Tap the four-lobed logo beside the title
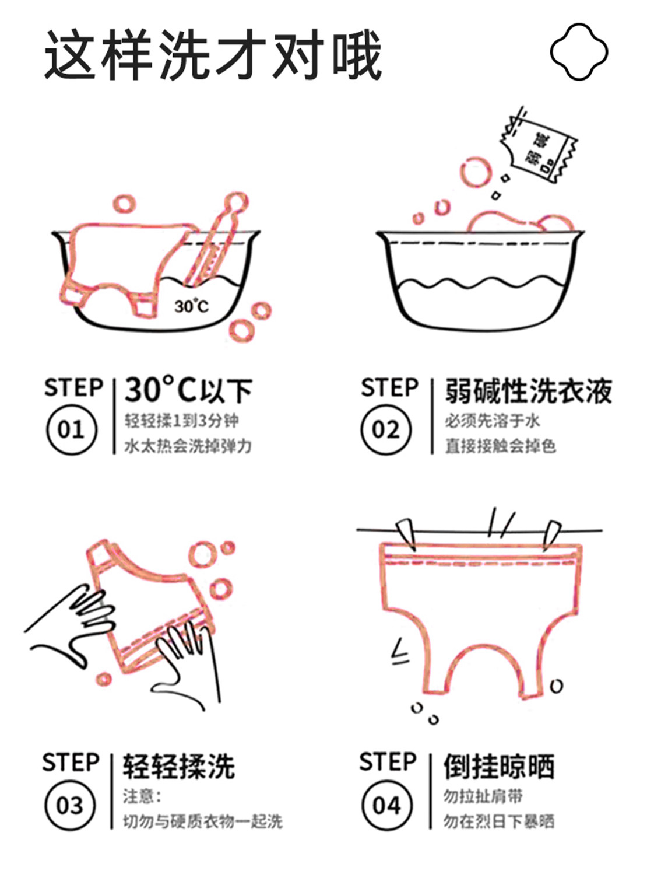click(579, 52)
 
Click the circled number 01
click(71, 430)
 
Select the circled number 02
click(386, 430)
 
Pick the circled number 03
click(70, 806)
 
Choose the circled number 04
click(386, 806)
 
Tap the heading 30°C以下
click(188, 390)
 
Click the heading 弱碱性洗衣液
click(529, 390)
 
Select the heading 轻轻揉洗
click(178, 766)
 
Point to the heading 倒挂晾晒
click(498, 766)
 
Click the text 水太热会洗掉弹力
click(188, 446)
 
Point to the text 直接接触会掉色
click(500, 446)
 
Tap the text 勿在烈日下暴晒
click(498, 821)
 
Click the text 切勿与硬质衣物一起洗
click(202, 821)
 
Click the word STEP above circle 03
click(71, 763)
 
